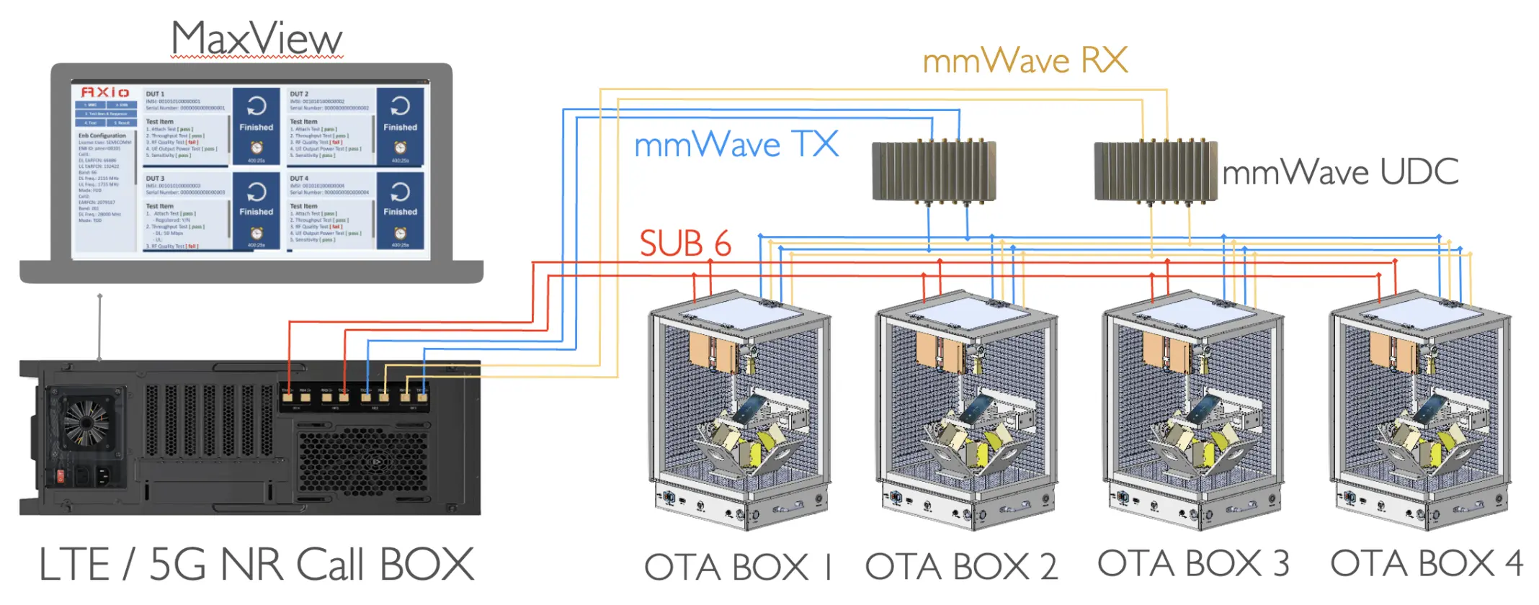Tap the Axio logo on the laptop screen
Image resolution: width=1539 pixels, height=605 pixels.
[x=105, y=92]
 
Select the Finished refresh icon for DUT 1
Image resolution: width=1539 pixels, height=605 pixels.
[x=256, y=107]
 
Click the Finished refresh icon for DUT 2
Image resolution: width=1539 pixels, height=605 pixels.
[x=400, y=107]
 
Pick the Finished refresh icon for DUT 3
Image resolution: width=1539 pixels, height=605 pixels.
[x=256, y=192]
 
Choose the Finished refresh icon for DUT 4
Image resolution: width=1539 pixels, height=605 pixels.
[x=400, y=192]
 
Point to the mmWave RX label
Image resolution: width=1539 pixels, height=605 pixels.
[x=1025, y=60]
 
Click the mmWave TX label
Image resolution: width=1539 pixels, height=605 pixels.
[x=736, y=144]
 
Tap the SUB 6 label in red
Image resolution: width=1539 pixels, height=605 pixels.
[x=685, y=243]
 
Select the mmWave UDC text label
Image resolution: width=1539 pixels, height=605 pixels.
[x=1340, y=172]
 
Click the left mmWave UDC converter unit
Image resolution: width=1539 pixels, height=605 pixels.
[x=934, y=171]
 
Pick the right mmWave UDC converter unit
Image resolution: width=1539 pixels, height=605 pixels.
[x=1156, y=171]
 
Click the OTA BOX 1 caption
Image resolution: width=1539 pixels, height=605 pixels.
[x=739, y=567]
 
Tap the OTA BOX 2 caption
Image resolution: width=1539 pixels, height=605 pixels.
[x=961, y=567]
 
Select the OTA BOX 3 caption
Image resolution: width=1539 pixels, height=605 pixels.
[x=1193, y=564]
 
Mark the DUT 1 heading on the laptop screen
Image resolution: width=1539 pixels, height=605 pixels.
[x=155, y=94]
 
